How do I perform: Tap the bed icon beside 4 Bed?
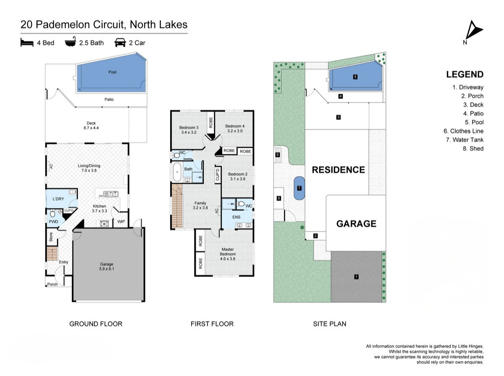click(x=27, y=43)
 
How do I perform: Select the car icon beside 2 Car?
click(x=120, y=43)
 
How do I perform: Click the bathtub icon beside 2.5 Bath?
click(x=71, y=42)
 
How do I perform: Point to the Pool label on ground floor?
click(x=112, y=72)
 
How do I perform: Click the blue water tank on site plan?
click(x=299, y=188)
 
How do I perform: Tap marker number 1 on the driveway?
click(x=356, y=277)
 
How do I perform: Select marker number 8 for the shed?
click(x=279, y=198)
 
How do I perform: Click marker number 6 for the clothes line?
click(x=277, y=154)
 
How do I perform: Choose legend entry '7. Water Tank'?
click(x=465, y=140)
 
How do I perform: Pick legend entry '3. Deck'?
click(x=473, y=104)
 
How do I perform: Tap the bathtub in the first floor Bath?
click(x=177, y=172)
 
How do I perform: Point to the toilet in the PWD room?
click(x=52, y=214)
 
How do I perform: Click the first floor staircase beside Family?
click(x=177, y=206)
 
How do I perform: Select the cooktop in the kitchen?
click(x=104, y=223)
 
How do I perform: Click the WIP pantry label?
click(x=121, y=222)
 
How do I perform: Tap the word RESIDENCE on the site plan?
click(x=338, y=170)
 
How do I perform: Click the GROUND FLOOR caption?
click(x=96, y=324)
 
